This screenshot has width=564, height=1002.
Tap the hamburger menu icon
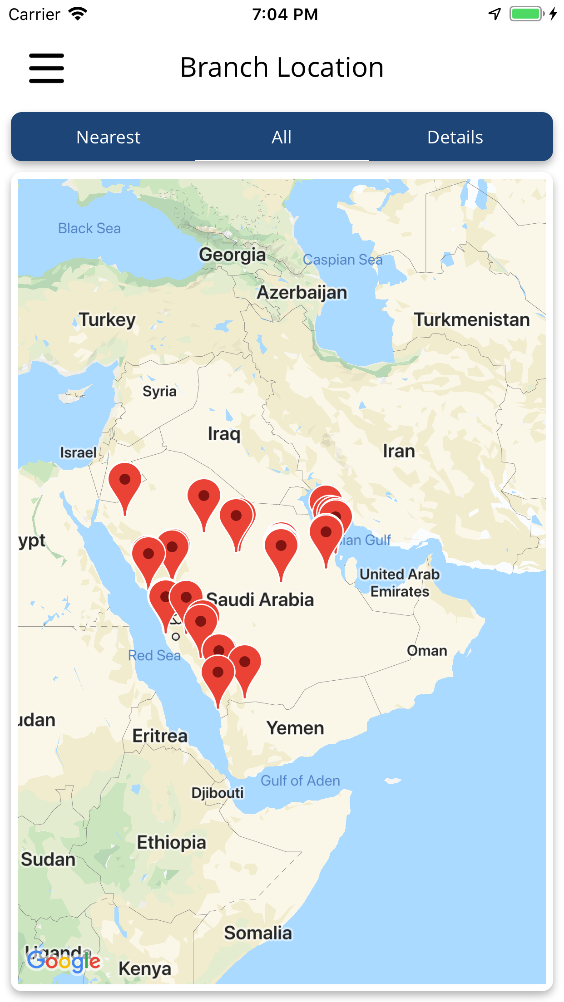(x=46, y=68)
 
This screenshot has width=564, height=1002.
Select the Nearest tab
(x=108, y=137)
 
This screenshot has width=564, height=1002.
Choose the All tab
(x=282, y=137)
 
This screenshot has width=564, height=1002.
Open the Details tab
(x=455, y=137)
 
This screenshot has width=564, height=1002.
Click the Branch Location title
(x=282, y=67)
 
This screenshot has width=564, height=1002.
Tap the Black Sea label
(x=89, y=228)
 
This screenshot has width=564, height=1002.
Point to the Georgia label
(x=232, y=255)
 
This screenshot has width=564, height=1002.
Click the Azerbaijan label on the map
(x=302, y=293)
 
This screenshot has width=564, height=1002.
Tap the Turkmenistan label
(x=471, y=320)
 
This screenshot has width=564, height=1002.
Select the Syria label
(x=159, y=391)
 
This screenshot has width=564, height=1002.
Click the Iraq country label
(x=224, y=434)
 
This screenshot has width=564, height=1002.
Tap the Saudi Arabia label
(x=260, y=600)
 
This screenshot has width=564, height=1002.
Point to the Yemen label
(x=295, y=728)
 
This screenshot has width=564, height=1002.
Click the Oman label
(x=427, y=651)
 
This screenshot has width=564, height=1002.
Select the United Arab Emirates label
(x=400, y=583)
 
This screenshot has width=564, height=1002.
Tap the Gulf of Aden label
(x=300, y=781)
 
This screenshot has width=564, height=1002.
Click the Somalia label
(x=258, y=933)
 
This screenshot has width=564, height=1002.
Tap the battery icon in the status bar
(x=527, y=14)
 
